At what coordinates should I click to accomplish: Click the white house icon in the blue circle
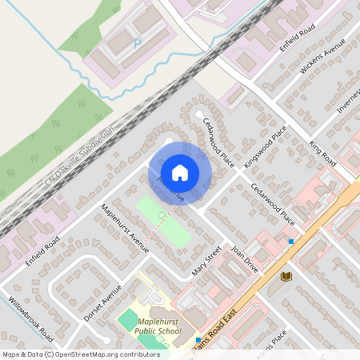180,172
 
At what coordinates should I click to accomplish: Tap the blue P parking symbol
137,43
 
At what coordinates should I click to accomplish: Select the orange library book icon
286,276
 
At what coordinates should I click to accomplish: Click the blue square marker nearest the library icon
291,241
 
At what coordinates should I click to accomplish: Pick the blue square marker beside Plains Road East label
198,340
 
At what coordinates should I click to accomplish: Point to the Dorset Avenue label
105,301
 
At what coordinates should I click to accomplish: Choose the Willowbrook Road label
31,318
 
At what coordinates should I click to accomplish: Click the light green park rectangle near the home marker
164,222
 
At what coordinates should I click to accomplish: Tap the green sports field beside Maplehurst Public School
128,322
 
